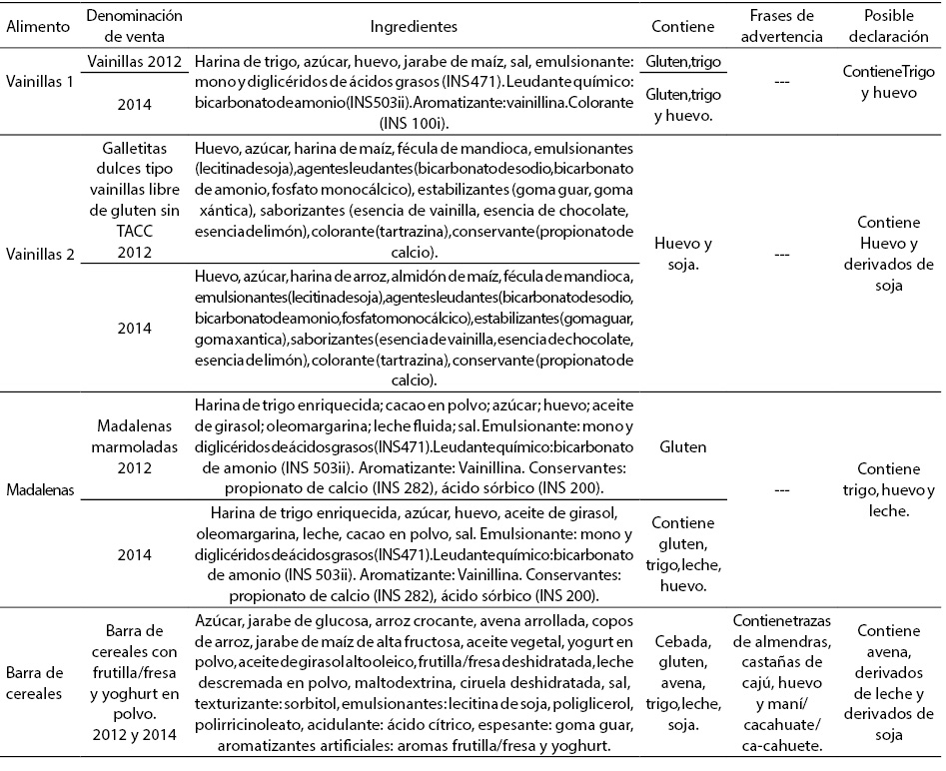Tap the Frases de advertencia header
point(784,25)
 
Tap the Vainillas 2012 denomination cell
point(134,61)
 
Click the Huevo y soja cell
point(684,254)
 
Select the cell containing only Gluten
point(684,449)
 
